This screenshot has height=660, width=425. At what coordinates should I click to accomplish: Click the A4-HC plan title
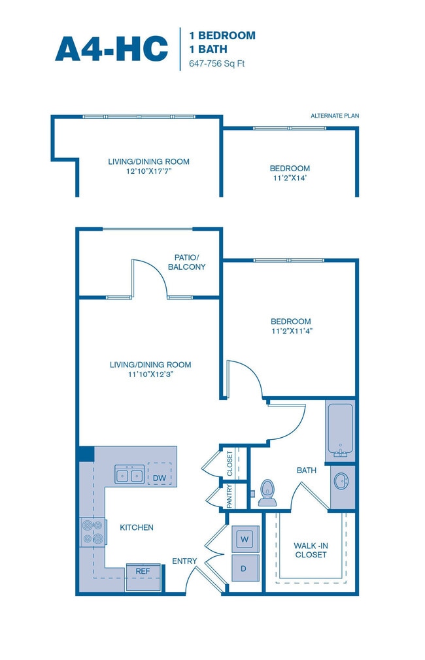click(111, 48)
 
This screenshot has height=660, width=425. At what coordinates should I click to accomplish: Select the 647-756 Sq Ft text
click(212, 64)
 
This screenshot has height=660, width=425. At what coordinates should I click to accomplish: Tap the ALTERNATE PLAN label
click(334, 116)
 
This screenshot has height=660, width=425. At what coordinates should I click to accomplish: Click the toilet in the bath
click(267, 493)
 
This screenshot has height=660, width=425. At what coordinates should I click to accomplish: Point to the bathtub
click(340, 430)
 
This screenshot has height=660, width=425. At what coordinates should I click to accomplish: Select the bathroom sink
click(342, 482)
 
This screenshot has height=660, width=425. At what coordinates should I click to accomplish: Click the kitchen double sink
click(129, 475)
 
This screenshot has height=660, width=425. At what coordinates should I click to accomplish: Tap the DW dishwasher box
click(159, 478)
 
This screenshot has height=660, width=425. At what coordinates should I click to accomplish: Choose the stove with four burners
click(92, 532)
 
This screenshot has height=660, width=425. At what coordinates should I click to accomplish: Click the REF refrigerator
click(143, 570)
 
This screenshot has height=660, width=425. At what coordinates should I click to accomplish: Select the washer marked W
click(245, 539)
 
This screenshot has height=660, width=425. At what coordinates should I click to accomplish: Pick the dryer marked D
click(243, 569)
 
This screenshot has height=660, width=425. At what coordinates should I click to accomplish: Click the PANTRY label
click(229, 496)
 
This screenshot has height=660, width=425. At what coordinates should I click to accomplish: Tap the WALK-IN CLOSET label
click(310, 550)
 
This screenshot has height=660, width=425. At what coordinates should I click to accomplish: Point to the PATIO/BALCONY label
click(190, 262)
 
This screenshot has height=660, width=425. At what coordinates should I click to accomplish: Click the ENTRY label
click(184, 561)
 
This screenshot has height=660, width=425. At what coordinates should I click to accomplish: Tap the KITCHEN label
click(137, 527)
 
